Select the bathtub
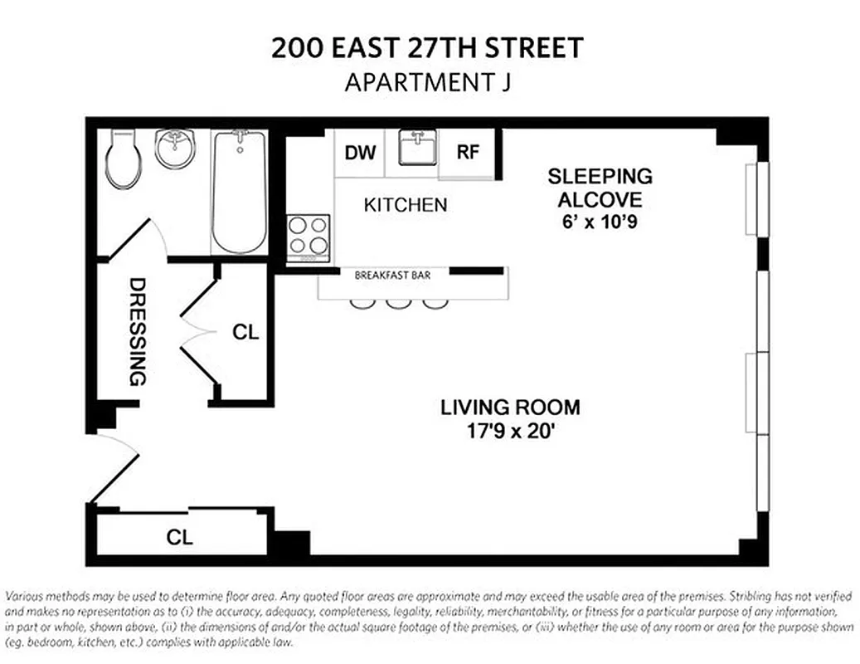click(x=239, y=192)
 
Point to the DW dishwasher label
click(x=360, y=153)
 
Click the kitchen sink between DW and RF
click(x=412, y=149)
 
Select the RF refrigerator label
click(x=468, y=153)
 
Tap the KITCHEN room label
click(x=406, y=205)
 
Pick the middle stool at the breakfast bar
click(x=396, y=303)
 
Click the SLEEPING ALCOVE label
click(x=600, y=188)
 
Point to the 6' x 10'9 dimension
click(x=600, y=222)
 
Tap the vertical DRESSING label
click(x=137, y=332)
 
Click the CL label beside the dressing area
click(x=245, y=333)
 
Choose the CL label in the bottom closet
click(x=180, y=537)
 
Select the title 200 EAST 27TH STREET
click(x=428, y=48)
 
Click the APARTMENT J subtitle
click(x=428, y=83)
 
